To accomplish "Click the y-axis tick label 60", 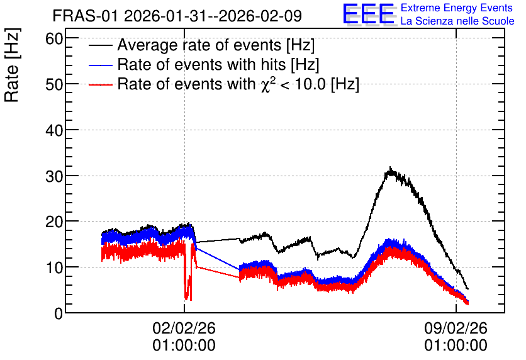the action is coord(54,39).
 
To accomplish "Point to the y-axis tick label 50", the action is coord(54,84).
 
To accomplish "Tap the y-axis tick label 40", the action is coord(54,130).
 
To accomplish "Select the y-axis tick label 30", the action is coord(54,176).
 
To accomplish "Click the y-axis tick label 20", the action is coord(54,222).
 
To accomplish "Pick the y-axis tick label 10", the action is coord(54,267).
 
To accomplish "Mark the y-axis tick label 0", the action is coord(59,313).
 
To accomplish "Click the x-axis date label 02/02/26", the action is coord(184,328).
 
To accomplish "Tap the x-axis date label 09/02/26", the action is coord(456,328).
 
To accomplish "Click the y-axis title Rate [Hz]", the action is coord(12,65).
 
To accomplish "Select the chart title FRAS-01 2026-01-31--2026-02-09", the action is coord(177,16).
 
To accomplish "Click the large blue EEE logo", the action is coord(369,14).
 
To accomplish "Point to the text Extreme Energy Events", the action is coord(457,8).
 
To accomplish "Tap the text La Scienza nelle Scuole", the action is coord(457,21).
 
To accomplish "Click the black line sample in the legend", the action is coord(100,46).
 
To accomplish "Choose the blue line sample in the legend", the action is coord(100,65).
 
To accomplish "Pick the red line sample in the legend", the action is coord(100,84).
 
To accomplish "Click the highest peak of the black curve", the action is coord(390,167).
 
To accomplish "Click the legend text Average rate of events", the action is coord(199,45).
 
